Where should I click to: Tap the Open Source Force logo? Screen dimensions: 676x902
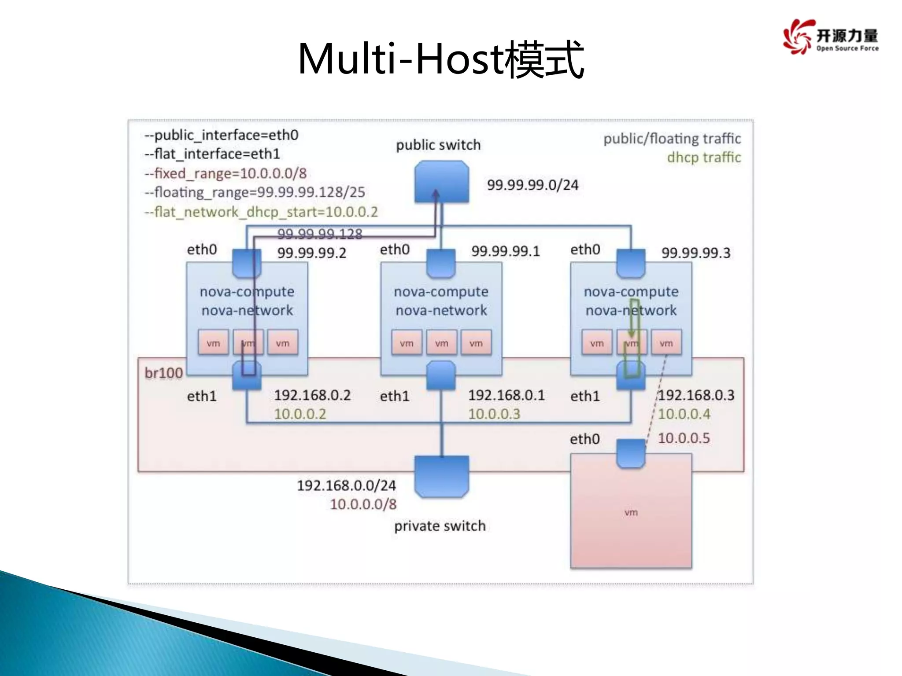(x=830, y=37)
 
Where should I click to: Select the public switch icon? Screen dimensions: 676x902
(x=441, y=181)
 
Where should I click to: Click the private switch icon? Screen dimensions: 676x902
(x=441, y=476)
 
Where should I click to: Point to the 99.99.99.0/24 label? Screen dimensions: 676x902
(x=532, y=185)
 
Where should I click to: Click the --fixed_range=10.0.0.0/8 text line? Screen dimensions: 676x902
(x=225, y=173)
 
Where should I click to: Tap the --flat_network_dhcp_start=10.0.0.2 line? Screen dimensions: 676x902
(x=261, y=212)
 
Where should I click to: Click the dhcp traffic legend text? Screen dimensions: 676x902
(x=703, y=158)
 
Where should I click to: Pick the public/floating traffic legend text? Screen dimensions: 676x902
(x=672, y=139)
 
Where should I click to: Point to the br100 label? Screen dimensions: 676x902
(x=163, y=373)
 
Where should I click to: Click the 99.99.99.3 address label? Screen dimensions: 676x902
(x=695, y=253)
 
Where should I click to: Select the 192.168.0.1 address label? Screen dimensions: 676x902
(x=506, y=395)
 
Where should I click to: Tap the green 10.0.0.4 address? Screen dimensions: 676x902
(x=684, y=414)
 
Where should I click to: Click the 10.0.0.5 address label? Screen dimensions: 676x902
(x=684, y=438)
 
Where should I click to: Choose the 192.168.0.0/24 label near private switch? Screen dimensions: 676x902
(x=346, y=485)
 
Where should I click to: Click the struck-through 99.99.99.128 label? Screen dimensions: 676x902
(x=320, y=234)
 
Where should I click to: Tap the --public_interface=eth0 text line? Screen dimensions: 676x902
(x=222, y=135)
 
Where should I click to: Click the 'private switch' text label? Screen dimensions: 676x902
(x=440, y=526)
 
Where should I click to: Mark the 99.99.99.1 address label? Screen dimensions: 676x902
(x=505, y=251)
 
